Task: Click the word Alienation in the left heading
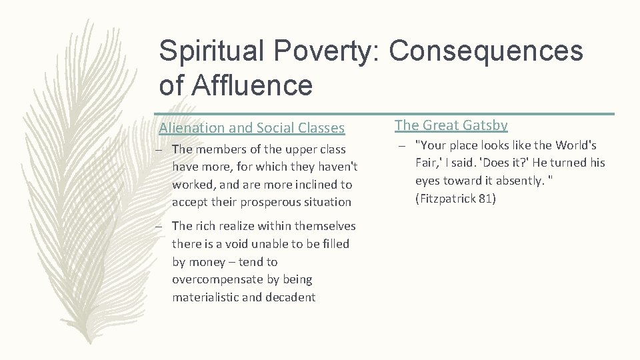tap(189, 127)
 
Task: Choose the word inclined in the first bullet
tap(311, 184)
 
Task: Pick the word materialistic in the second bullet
tap(207, 297)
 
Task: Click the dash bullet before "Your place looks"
tap(404, 145)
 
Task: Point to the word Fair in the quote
tap(426, 163)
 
